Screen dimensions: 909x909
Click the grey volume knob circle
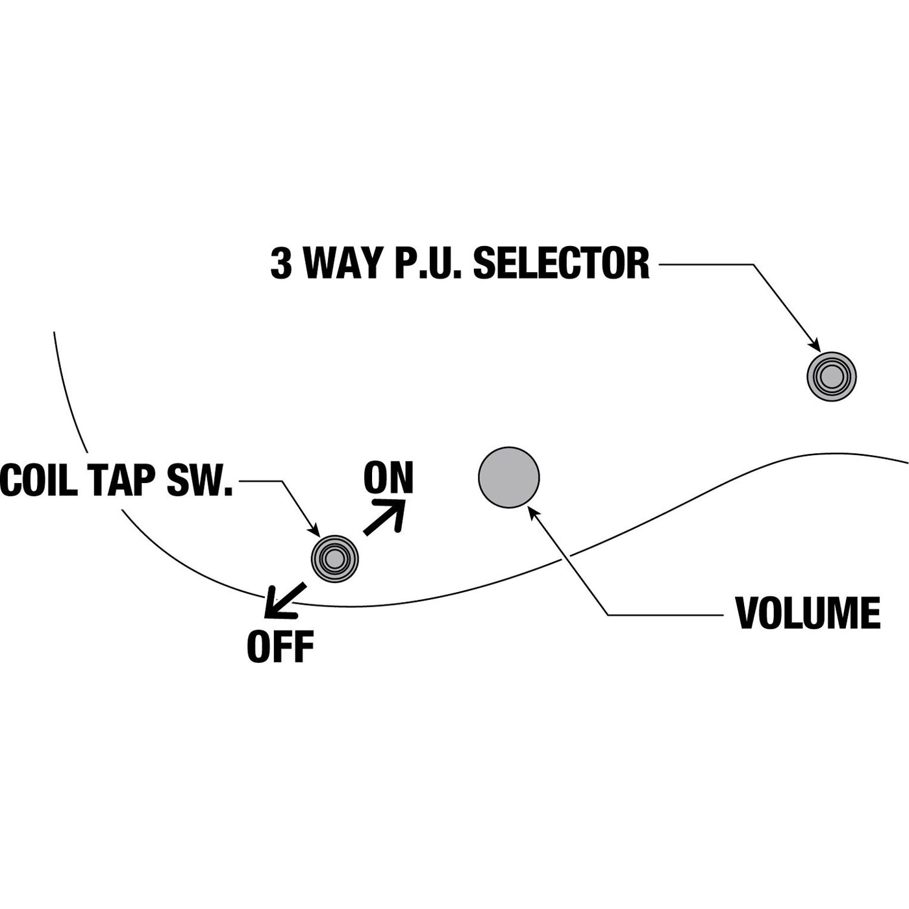pos(508,477)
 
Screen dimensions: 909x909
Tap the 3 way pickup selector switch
pos(831,376)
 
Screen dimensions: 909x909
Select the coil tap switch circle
pos(334,558)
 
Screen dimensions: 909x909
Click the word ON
pos(388,479)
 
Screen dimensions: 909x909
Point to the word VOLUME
pos(808,612)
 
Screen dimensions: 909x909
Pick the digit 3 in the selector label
pos(281,264)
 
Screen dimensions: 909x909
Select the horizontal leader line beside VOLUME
pos(665,614)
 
